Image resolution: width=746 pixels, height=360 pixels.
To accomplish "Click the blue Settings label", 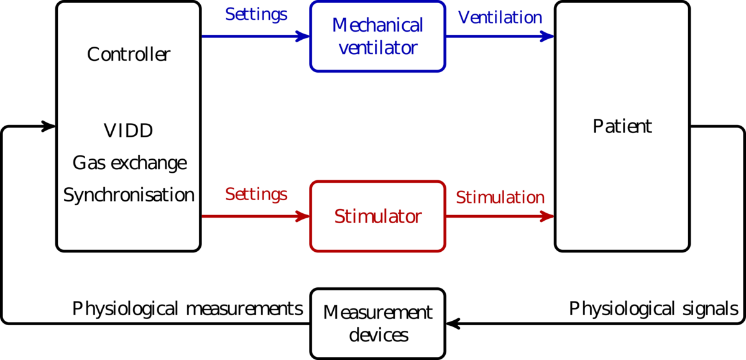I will [x=256, y=15].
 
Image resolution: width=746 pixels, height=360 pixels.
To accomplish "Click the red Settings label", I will [x=256, y=195].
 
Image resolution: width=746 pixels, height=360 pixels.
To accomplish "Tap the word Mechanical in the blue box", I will [x=377, y=26].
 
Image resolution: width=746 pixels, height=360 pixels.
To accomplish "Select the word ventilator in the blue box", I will [x=377, y=48].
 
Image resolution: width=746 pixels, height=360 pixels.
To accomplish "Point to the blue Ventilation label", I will [x=500, y=18].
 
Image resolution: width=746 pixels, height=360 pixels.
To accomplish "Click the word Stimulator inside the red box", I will [x=377, y=217].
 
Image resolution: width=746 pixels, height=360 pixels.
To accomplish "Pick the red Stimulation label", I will [x=500, y=198].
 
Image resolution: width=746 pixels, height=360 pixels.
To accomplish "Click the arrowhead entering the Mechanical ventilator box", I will [x=302, y=37].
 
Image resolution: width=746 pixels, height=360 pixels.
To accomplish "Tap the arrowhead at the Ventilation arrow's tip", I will [x=546, y=37].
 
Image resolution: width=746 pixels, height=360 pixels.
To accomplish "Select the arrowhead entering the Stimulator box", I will [x=302, y=216].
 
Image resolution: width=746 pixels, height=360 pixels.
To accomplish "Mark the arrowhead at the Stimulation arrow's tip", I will [x=546, y=216].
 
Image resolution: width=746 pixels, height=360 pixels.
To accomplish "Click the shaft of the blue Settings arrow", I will [x=249, y=37].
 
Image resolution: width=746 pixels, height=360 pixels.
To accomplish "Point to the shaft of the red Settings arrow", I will [x=249, y=216].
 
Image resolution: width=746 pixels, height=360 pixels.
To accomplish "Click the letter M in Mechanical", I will [x=339, y=26].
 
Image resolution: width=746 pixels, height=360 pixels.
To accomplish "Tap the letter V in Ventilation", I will [x=464, y=18].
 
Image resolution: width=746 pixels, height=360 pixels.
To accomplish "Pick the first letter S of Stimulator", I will [x=339, y=217].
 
